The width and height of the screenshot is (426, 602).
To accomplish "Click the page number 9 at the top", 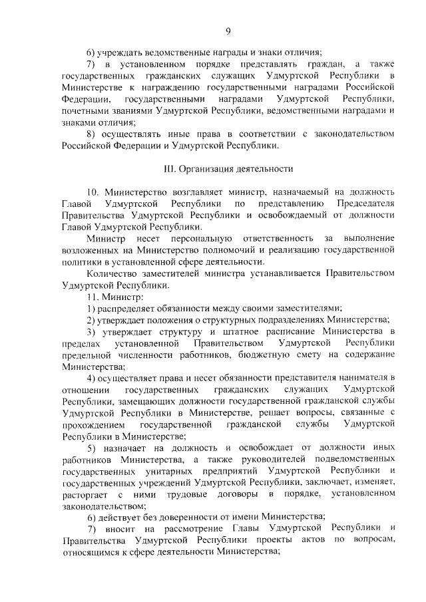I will point(228,30).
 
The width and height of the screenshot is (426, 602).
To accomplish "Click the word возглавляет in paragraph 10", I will point(184,192).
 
